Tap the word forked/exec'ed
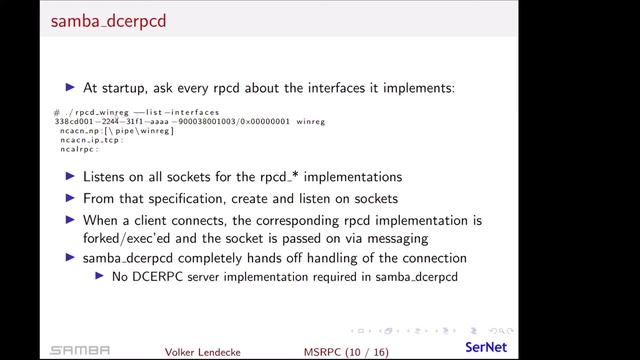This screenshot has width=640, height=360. [x=135, y=238]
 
